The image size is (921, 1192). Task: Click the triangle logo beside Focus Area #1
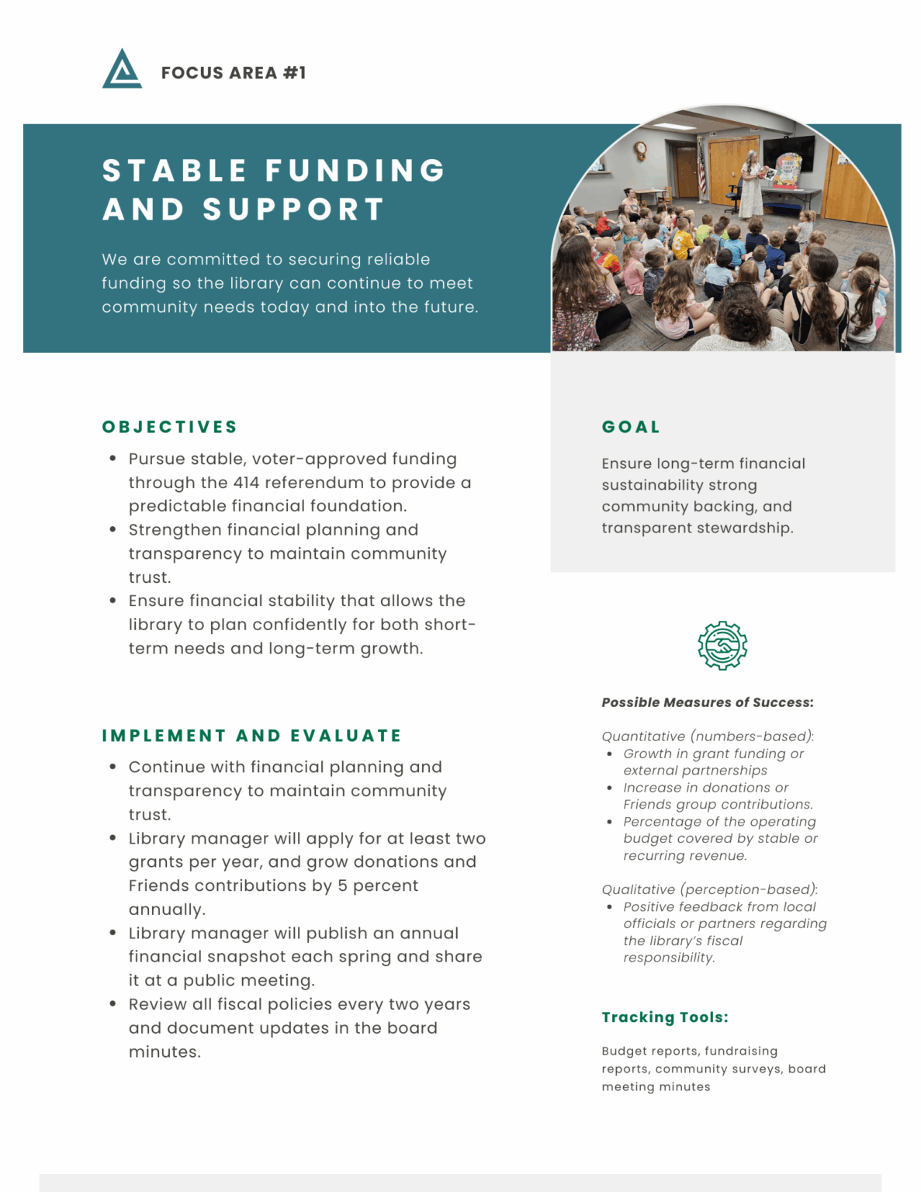point(122,70)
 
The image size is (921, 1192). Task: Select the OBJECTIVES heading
point(170,427)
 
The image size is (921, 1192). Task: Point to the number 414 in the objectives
point(246,483)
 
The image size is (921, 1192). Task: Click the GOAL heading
point(631,427)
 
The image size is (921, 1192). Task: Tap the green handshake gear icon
point(722,645)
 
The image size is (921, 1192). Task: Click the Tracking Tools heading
point(665,1017)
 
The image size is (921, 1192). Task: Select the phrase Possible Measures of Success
point(707,702)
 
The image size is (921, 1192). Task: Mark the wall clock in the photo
point(641,149)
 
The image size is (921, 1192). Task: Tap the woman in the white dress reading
point(751,186)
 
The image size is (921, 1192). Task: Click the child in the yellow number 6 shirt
point(682,242)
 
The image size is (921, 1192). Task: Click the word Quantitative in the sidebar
point(643,736)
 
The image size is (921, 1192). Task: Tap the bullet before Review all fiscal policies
point(113,1004)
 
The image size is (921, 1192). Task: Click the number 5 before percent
point(342,886)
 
